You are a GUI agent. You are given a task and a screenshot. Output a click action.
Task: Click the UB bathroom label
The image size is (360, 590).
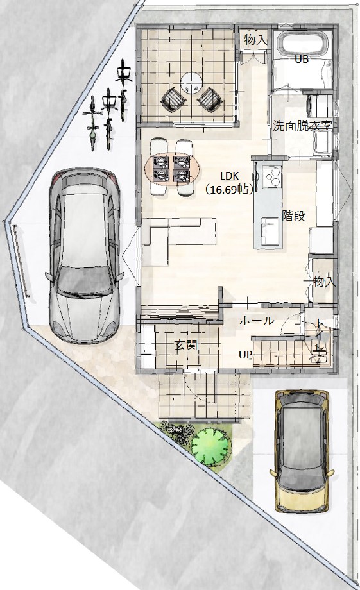point(301,59)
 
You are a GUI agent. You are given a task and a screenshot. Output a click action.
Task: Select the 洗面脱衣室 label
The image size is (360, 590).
point(302,126)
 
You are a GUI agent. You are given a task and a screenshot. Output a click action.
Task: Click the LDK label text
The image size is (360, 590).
point(228,176)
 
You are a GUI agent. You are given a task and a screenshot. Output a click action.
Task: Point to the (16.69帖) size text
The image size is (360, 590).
point(228,189)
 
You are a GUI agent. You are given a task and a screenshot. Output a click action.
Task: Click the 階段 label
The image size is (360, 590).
point(293,216)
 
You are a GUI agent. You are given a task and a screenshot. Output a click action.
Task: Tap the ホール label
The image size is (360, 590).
point(257,321)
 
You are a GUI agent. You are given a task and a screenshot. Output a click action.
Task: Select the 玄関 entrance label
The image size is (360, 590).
point(186,344)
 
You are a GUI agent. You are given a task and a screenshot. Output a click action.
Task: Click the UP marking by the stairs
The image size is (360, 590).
point(245,355)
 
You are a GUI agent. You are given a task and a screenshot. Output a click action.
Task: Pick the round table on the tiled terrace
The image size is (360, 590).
point(191,83)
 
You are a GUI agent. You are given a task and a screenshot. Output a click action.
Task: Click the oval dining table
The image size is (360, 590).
point(173,169)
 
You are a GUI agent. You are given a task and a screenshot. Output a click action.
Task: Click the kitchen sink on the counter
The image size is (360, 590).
point(270,230)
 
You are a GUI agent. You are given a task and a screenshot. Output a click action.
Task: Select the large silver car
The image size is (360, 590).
point(83,255)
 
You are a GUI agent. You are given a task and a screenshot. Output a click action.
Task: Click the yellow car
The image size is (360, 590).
point(302,451)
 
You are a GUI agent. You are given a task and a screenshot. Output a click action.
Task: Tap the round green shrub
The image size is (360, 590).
point(210,447)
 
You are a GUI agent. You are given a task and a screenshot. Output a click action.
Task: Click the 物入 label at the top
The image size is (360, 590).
point(255,40)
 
